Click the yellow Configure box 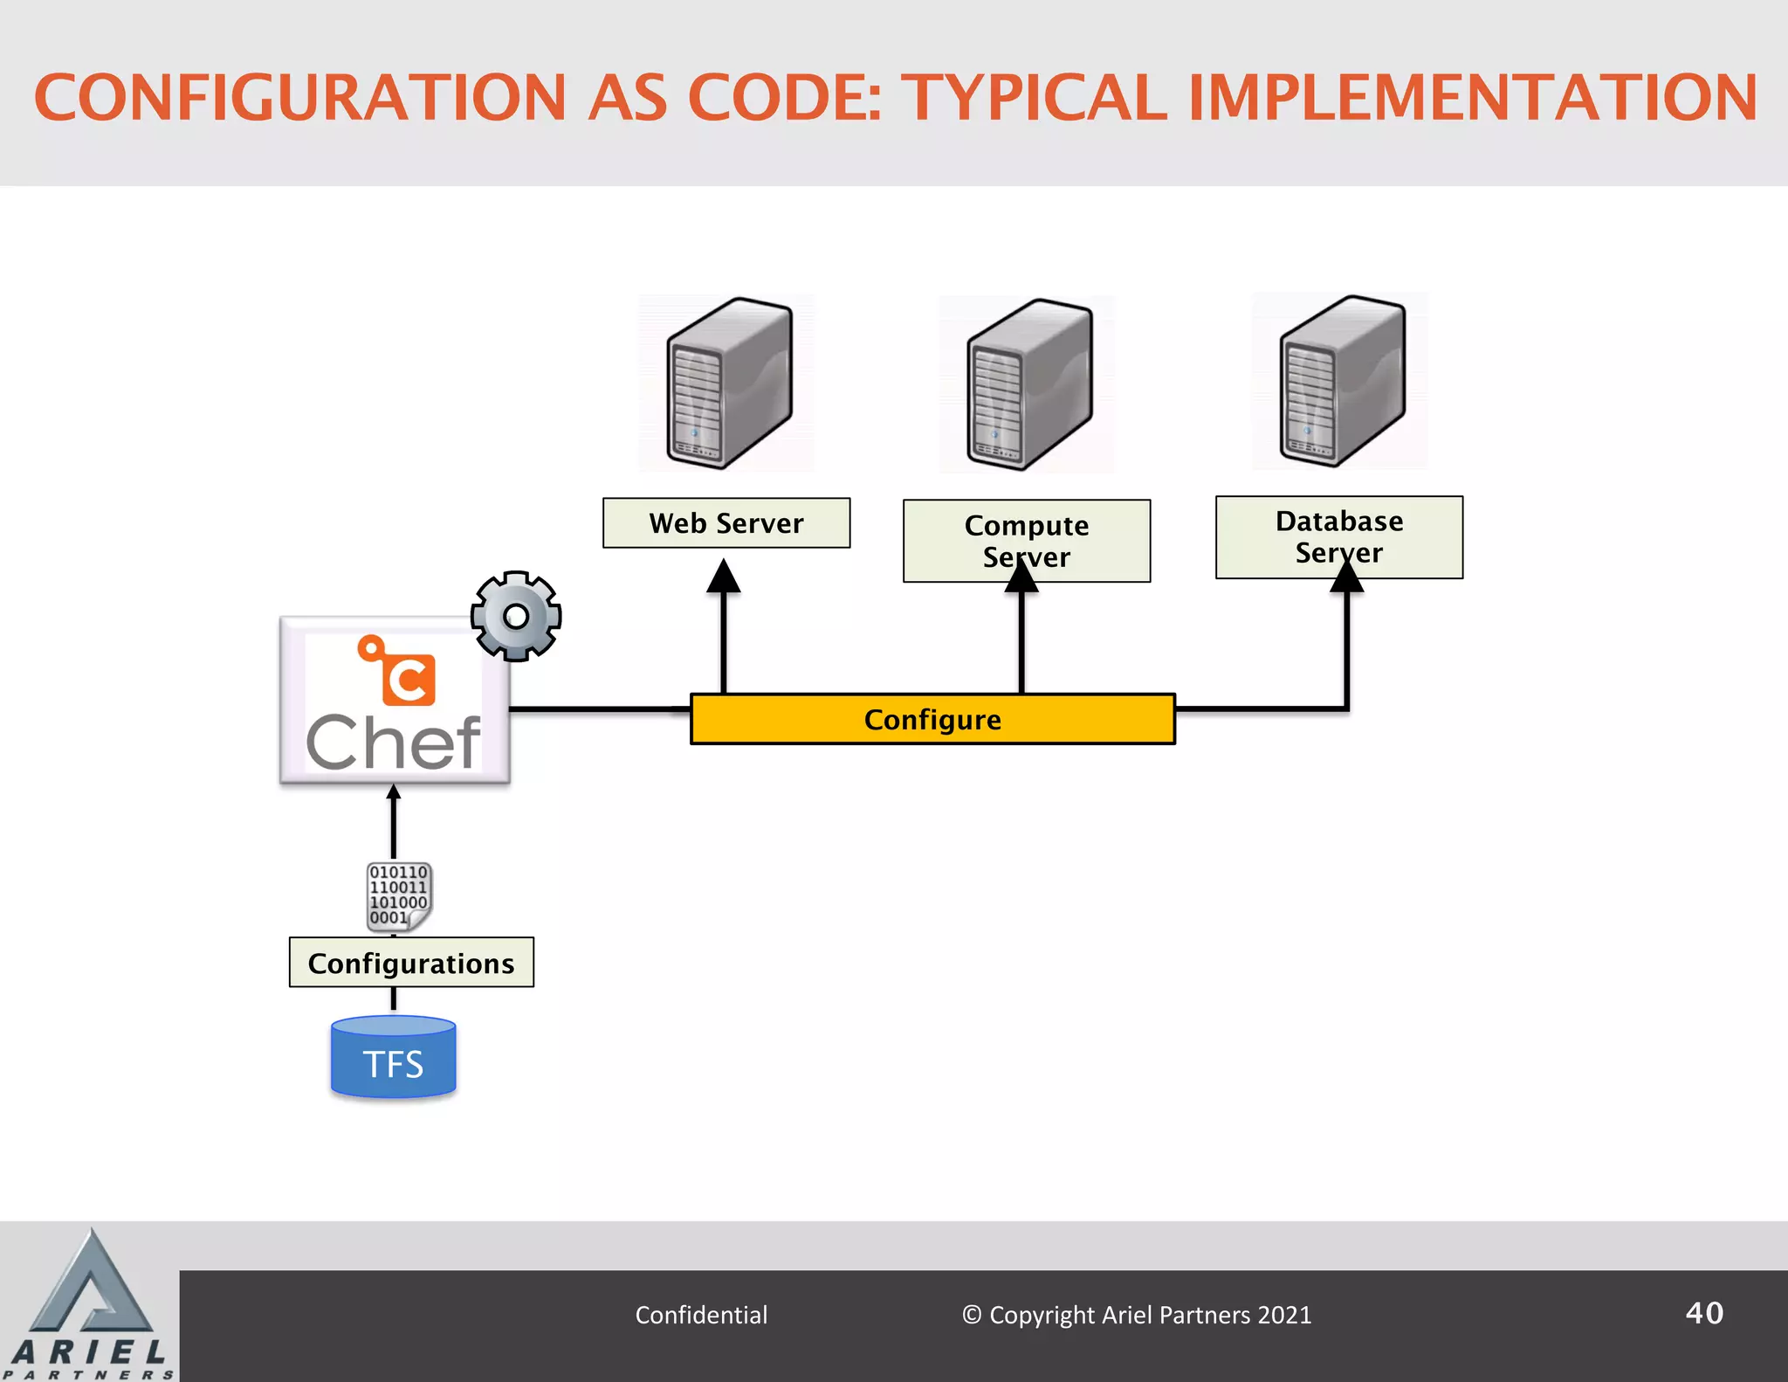click(932, 719)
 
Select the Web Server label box click(726, 523)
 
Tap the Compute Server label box click(1027, 541)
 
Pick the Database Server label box click(1339, 536)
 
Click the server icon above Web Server click(728, 383)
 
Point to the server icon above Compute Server click(1028, 384)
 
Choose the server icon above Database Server click(1341, 381)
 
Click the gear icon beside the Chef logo click(516, 616)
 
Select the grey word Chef click(394, 743)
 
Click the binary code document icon click(399, 896)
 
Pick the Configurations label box click(411, 963)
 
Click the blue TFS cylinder click(394, 1058)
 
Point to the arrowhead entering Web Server click(724, 577)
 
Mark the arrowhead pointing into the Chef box click(394, 792)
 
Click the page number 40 click(1703, 1313)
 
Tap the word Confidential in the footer click(701, 1315)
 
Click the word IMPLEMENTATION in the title click(1473, 98)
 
